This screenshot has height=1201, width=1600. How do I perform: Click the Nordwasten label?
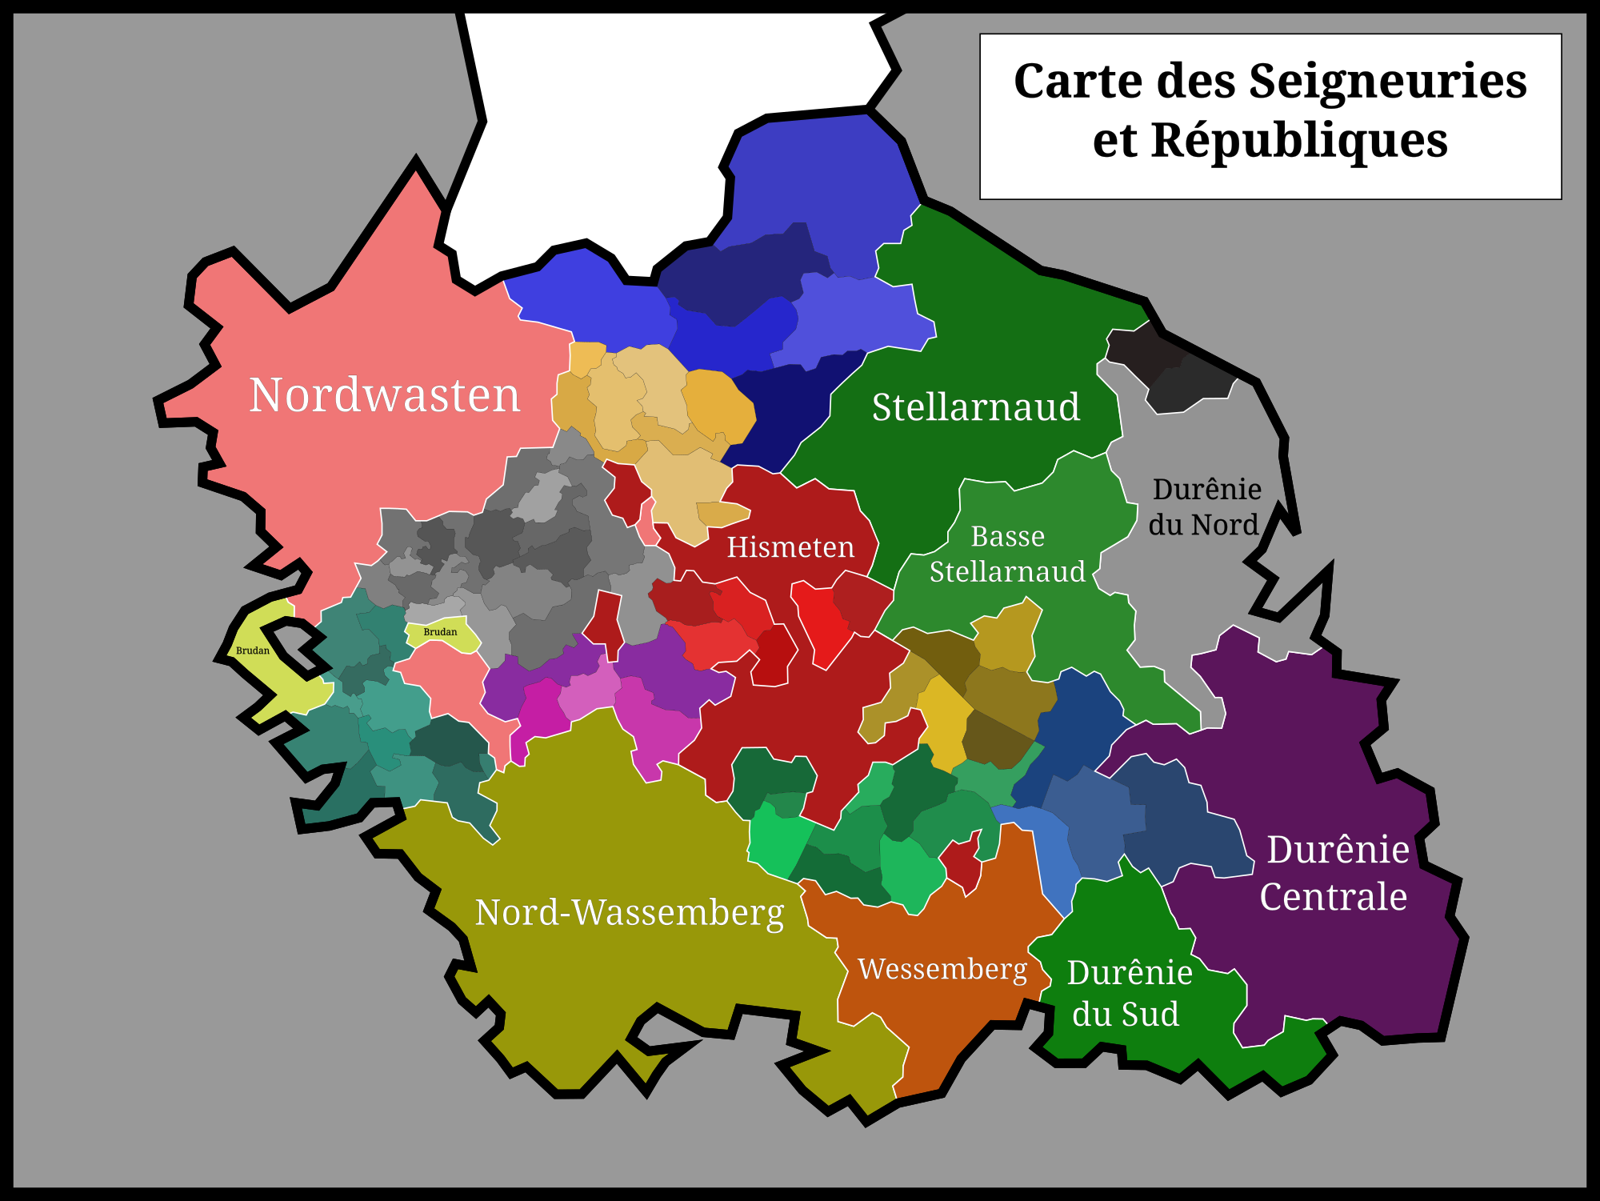(385, 395)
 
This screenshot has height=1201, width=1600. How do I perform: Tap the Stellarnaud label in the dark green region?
(976, 407)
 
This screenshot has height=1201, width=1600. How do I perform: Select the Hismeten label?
(790, 547)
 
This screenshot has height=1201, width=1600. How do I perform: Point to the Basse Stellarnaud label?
(1007, 554)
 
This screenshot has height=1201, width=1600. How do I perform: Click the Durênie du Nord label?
(1206, 506)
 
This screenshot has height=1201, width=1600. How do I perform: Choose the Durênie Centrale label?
(1336, 873)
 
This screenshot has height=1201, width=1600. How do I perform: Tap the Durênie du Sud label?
(1128, 993)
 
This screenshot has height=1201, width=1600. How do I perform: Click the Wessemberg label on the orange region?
(942, 969)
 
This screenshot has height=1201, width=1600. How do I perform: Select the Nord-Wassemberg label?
(630, 912)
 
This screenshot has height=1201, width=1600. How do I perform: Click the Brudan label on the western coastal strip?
(253, 651)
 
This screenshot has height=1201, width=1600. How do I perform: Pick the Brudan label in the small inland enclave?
(440, 632)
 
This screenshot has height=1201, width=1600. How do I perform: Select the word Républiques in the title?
(1299, 141)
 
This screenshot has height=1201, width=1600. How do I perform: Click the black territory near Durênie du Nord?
(1168, 368)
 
